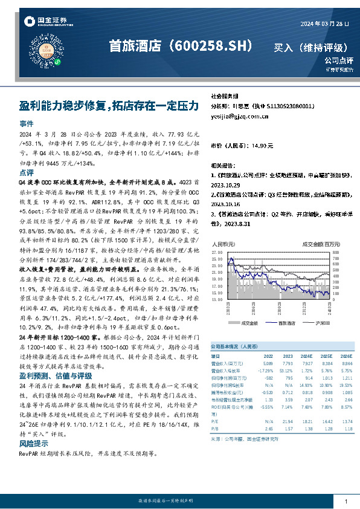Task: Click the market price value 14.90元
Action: [x=263, y=146]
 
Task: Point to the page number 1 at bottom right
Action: [x=346, y=502]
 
